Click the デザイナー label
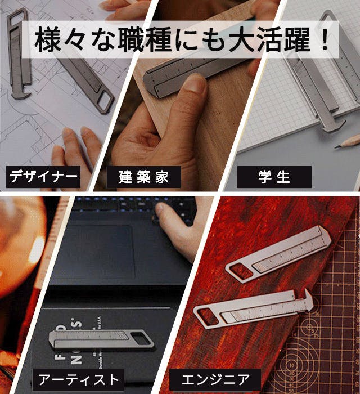click(x=43, y=177)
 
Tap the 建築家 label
click(x=144, y=177)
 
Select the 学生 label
click(x=274, y=177)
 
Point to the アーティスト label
click(x=78, y=379)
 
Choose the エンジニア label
click(x=215, y=379)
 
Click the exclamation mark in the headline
click(x=325, y=39)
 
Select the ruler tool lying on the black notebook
click(x=101, y=340)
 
